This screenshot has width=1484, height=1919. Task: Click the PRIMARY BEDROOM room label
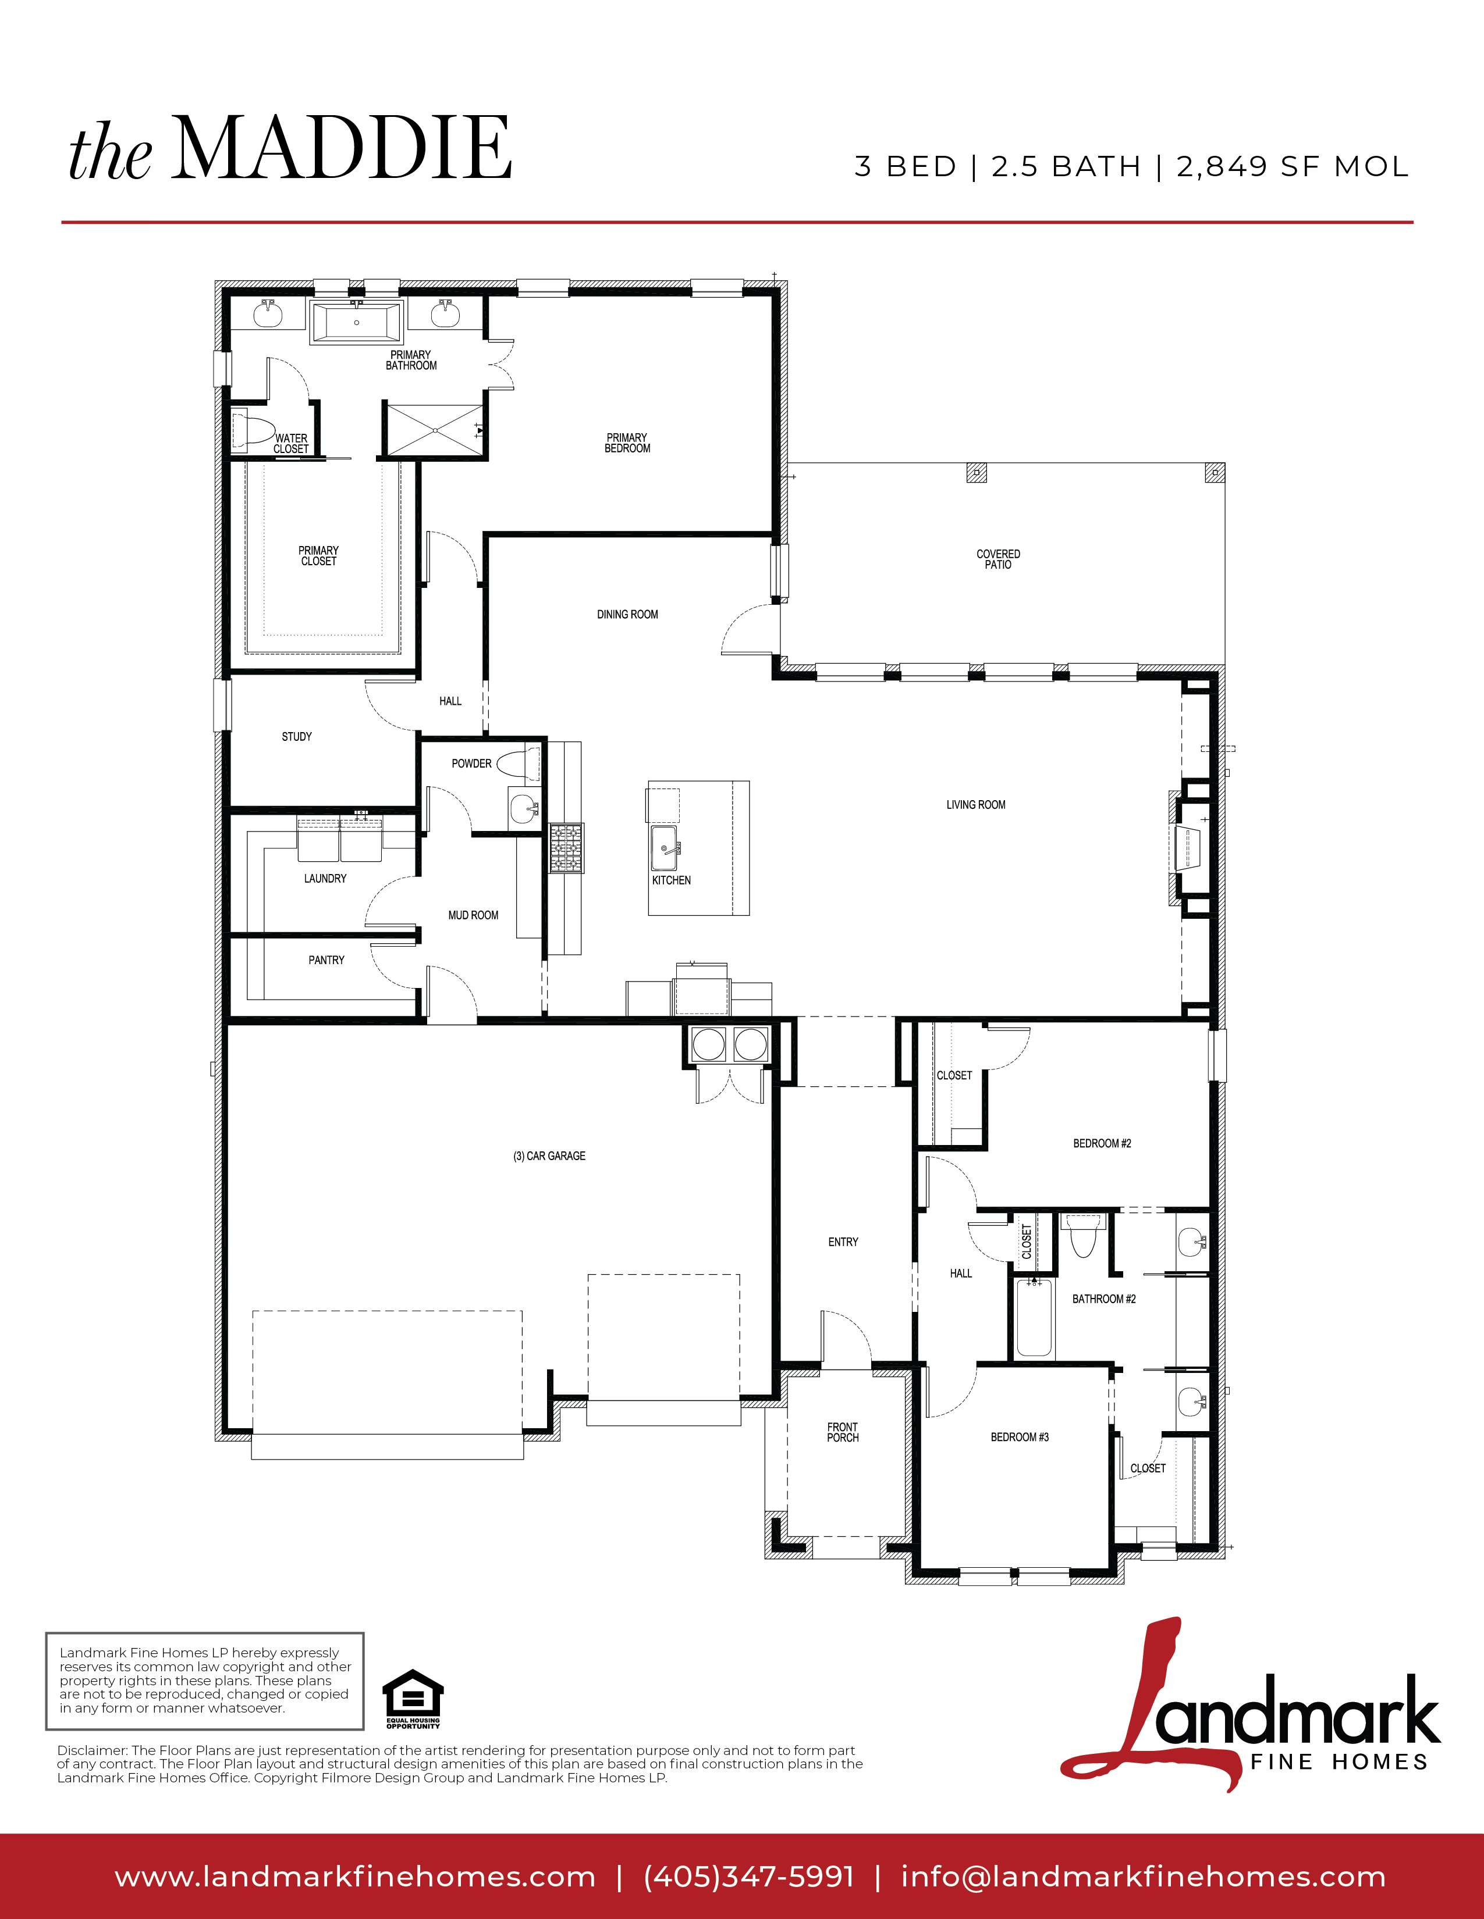point(627,443)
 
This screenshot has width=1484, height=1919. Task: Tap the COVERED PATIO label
point(998,559)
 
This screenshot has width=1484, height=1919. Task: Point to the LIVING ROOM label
point(976,805)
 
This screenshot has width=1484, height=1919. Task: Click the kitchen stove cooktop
point(566,848)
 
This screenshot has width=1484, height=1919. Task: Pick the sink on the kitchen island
point(664,848)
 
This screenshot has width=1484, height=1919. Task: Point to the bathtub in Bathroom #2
point(1034,1319)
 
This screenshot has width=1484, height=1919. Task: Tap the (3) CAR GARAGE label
point(549,1156)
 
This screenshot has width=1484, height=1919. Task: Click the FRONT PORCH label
point(842,1432)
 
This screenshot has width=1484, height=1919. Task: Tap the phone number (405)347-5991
point(749,1876)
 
